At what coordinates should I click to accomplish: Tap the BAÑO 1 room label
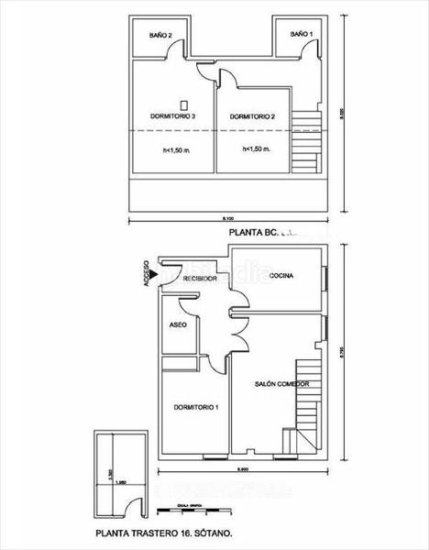coord(301,34)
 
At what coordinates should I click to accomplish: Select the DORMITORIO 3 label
coord(172,116)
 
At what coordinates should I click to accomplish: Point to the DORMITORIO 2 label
coord(253,116)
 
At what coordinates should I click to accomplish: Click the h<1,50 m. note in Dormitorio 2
coord(256,148)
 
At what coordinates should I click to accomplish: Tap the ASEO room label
coord(180,325)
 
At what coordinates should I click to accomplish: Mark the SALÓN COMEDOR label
coord(281,384)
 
